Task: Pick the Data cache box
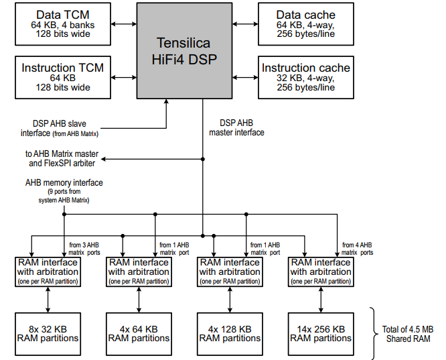pos(305,25)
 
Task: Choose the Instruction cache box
pos(305,77)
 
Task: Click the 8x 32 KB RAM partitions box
pos(47,333)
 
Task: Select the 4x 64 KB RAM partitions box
pos(139,333)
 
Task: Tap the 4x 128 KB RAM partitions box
pos(230,333)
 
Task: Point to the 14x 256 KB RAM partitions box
pos(321,333)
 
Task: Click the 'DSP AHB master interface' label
pos(236,127)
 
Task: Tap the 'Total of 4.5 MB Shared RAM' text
pos(408,333)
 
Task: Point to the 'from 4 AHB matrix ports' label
pos(357,248)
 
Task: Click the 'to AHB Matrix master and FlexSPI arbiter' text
pos(62,158)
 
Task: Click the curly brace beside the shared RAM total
pos(374,333)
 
